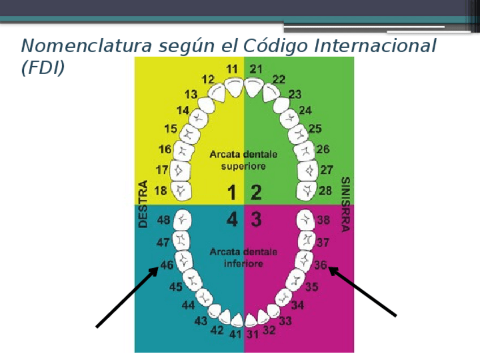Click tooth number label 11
232,69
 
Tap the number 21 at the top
256,69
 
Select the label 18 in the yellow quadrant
161,191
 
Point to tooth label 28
325,191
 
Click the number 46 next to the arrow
166,264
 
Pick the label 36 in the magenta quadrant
321,264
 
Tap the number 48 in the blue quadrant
164,220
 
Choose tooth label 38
323,220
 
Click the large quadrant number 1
232,193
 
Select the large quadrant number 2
256,193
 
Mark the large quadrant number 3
256,220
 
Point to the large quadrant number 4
232,220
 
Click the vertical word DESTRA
143,204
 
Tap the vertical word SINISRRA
345,204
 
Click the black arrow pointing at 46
127,297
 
